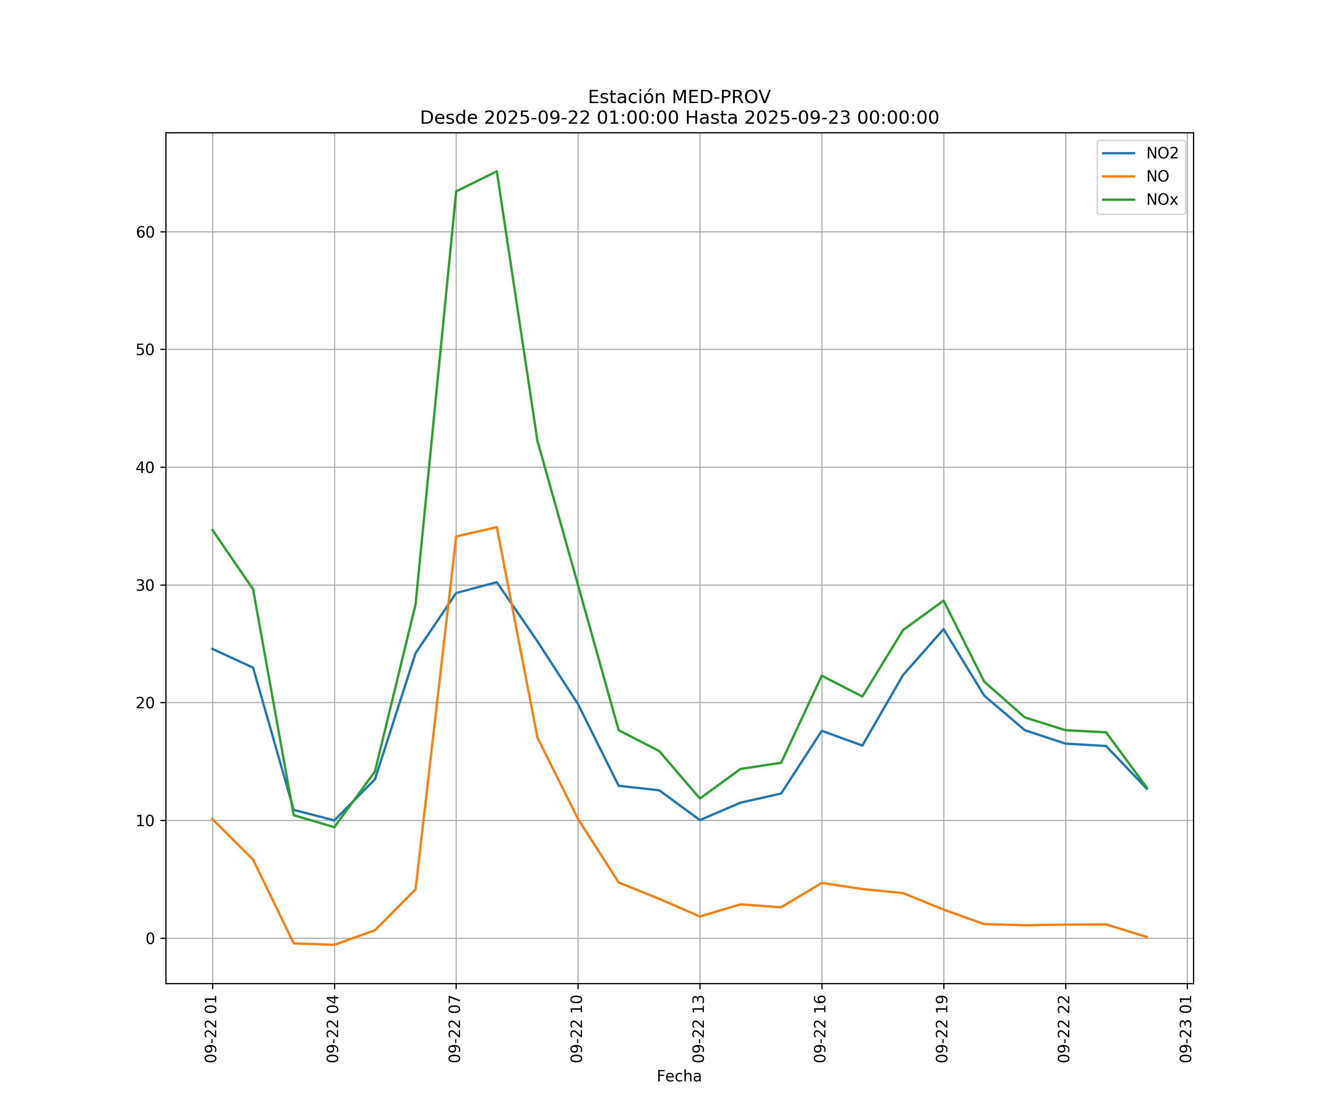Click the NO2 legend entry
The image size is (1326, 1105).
pyautogui.click(x=1162, y=154)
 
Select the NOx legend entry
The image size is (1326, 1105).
pyautogui.click(x=1162, y=200)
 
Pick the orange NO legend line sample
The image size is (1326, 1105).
pyautogui.click(x=1118, y=177)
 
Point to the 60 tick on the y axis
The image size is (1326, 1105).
pyautogui.click(x=145, y=232)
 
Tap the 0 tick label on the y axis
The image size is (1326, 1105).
pyautogui.click(x=150, y=938)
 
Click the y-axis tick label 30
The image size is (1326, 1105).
pyautogui.click(x=145, y=585)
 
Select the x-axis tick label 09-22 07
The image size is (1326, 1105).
pyautogui.click(x=455, y=1029)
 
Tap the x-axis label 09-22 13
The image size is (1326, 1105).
pyautogui.click(x=698, y=1029)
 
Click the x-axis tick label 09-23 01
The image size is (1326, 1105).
pyautogui.click(x=1186, y=1029)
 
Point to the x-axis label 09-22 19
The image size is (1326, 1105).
pyautogui.click(x=942, y=1029)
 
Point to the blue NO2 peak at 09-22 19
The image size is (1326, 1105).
pyautogui.click(x=943, y=629)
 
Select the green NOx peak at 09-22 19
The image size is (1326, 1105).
pyautogui.click(x=943, y=600)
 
